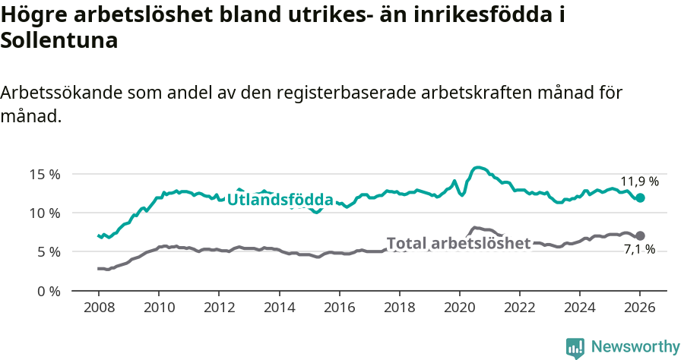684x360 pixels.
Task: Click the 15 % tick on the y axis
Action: [44, 174]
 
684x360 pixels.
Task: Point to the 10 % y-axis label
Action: [44, 213]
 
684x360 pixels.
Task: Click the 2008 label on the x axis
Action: [99, 308]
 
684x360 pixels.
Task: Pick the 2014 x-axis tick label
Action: [279, 308]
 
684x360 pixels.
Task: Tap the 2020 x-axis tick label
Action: [460, 308]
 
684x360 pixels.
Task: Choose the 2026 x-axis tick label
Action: [640, 308]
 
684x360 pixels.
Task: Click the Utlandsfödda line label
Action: [280, 201]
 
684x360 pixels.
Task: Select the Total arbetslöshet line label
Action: [458, 243]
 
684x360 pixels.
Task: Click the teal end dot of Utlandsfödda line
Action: [640, 197]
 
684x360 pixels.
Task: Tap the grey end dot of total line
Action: [640, 235]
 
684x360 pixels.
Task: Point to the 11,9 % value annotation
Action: [639, 182]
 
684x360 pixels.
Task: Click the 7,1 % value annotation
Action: [639, 250]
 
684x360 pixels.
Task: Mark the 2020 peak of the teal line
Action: [478, 167]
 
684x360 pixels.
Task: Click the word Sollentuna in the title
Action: [59, 41]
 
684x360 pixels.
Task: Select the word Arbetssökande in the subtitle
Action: [59, 93]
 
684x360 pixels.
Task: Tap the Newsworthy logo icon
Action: [575, 347]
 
